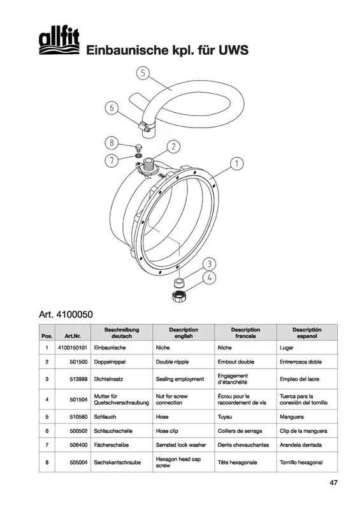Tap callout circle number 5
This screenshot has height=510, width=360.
pos(143,73)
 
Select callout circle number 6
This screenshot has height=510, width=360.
pos(112,108)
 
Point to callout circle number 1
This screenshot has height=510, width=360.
pos(236,163)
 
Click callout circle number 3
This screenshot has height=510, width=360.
pos(210,264)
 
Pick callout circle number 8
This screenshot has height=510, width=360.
pos(112,143)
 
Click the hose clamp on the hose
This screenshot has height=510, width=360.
pos(145,127)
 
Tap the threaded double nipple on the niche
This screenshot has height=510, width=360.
pos(149,165)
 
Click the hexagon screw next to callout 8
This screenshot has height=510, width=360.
pos(138,148)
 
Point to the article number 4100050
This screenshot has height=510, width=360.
pos(66,314)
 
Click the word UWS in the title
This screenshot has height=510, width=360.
pos(233,50)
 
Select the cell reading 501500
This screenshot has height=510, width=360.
pos(78,361)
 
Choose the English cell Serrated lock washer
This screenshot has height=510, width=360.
pos(181,444)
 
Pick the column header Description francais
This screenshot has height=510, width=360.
pos(245,333)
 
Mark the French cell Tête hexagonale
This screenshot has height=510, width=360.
pos(238,462)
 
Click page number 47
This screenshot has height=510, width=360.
pos(334,483)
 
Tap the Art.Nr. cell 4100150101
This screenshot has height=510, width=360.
pos(73,347)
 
